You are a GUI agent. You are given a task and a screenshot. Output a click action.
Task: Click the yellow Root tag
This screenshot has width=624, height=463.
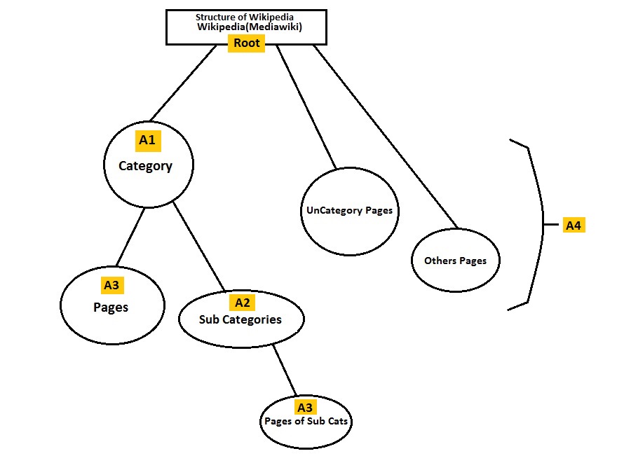(x=246, y=43)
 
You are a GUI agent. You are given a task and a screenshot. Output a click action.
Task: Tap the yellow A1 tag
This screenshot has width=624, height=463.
(x=147, y=140)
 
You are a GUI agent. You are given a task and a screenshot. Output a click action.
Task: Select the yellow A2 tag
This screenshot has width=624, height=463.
(x=242, y=303)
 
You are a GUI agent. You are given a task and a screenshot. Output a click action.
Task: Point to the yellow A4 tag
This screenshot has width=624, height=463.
(x=574, y=226)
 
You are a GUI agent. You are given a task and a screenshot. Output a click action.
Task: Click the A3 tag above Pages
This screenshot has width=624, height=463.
(x=111, y=285)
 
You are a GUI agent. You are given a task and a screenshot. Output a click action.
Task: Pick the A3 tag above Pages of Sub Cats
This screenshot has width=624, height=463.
(x=304, y=407)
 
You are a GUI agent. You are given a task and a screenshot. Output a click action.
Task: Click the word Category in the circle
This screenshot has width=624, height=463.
(x=145, y=166)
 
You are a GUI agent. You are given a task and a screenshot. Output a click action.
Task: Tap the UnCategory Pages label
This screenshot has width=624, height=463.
(x=349, y=210)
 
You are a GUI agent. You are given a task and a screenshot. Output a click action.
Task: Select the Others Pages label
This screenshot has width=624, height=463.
(x=455, y=261)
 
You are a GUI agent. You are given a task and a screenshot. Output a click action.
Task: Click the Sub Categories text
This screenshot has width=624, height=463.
(x=240, y=319)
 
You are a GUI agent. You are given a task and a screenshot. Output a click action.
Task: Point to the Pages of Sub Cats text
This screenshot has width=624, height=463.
(x=306, y=422)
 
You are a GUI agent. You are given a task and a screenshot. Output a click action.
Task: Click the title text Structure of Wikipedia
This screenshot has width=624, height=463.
(x=245, y=17)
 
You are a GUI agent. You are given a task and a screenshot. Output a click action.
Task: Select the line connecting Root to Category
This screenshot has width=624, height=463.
(x=184, y=83)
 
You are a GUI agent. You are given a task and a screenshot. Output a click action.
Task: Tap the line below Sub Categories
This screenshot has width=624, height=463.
(x=284, y=371)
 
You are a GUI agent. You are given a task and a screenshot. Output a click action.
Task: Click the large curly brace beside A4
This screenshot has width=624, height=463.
(x=538, y=224)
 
